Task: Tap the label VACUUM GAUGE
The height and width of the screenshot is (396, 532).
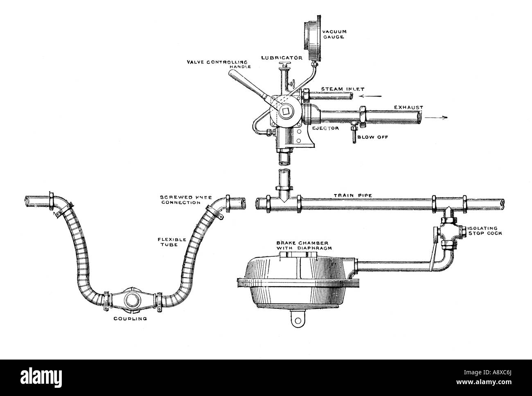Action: click(x=334, y=34)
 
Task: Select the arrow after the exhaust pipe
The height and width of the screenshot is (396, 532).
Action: click(x=436, y=118)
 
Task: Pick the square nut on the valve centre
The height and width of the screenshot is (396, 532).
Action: click(x=286, y=111)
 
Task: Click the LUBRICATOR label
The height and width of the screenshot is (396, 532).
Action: click(x=282, y=58)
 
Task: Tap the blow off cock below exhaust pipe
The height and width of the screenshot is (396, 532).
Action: click(x=354, y=133)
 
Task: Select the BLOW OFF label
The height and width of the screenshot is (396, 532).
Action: click(x=372, y=137)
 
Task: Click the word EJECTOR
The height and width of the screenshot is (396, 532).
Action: click(x=325, y=128)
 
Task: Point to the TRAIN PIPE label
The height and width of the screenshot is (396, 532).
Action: click(x=353, y=196)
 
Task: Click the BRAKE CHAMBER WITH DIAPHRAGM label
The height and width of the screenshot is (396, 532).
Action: click(x=304, y=246)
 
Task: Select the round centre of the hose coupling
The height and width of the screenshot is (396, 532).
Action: click(x=131, y=300)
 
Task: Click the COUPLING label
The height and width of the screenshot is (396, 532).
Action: click(x=130, y=319)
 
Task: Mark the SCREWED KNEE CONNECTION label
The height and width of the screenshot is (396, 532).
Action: click(x=186, y=200)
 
